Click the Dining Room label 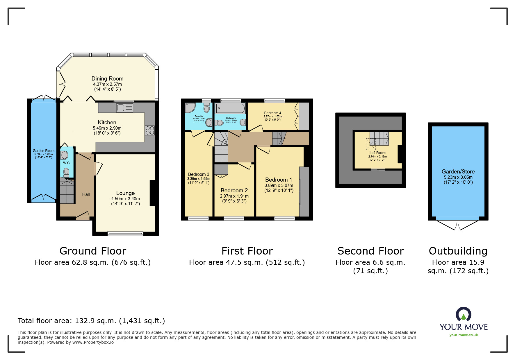coord(107,78)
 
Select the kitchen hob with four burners coord(150,130)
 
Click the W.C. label coord(67,163)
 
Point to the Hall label coord(86,194)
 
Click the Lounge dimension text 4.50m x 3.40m coord(125,199)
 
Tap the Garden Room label coord(44,151)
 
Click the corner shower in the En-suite coord(190,108)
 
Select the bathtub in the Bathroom coord(230,109)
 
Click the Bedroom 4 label coord(272,113)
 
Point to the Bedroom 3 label coord(199,174)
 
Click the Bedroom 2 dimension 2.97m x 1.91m coord(234,196)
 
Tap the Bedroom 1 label coord(278,180)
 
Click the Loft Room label coord(377,153)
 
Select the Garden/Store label coord(458,172)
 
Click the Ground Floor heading coord(93,251)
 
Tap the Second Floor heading coord(370,251)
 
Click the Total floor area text coord(91,321)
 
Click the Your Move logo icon coord(464,314)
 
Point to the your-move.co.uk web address coord(464,335)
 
